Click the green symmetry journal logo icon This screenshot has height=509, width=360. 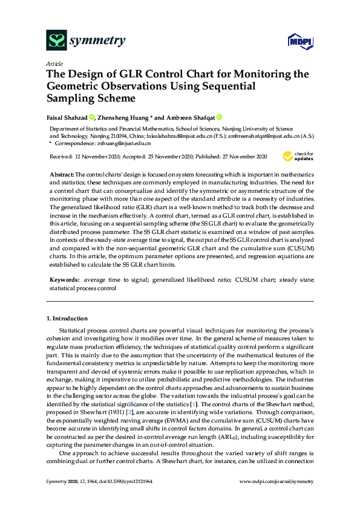(x=56, y=41)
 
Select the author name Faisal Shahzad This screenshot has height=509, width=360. (x=68, y=117)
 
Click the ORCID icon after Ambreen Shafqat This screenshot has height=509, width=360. (x=219, y=117)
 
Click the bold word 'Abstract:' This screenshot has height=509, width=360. (x=62, y=173)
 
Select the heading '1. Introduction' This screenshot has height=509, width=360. (x=67, y=318)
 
